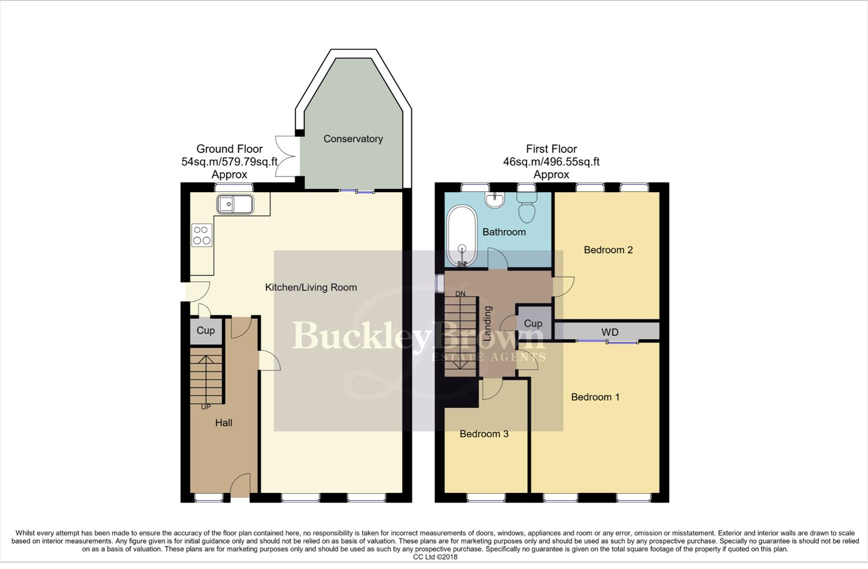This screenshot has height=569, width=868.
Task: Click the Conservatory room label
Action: point(353,139)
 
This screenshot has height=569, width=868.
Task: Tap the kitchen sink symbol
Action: point(235,204)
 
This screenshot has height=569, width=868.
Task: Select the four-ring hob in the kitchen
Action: point(202,235)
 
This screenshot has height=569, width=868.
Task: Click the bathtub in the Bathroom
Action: point(462,237)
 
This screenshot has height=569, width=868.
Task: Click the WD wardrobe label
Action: point(610,332)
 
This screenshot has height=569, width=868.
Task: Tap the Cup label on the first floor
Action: point(533,323)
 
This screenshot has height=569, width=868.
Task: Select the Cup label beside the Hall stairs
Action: point(205,331)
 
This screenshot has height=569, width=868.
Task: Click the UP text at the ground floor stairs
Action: point(206,407)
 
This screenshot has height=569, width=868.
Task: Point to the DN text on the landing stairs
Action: point(461,294)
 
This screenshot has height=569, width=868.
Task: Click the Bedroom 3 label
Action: point(484,434)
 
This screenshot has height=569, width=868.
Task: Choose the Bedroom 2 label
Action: point(608,250)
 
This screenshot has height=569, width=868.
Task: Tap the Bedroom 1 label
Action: point(595,397)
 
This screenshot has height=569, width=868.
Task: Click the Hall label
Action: point(224,423)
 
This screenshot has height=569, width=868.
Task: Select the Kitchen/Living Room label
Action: point(311,288)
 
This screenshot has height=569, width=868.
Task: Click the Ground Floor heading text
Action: point(229,149)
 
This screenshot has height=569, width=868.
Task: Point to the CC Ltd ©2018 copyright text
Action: point(435,557)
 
